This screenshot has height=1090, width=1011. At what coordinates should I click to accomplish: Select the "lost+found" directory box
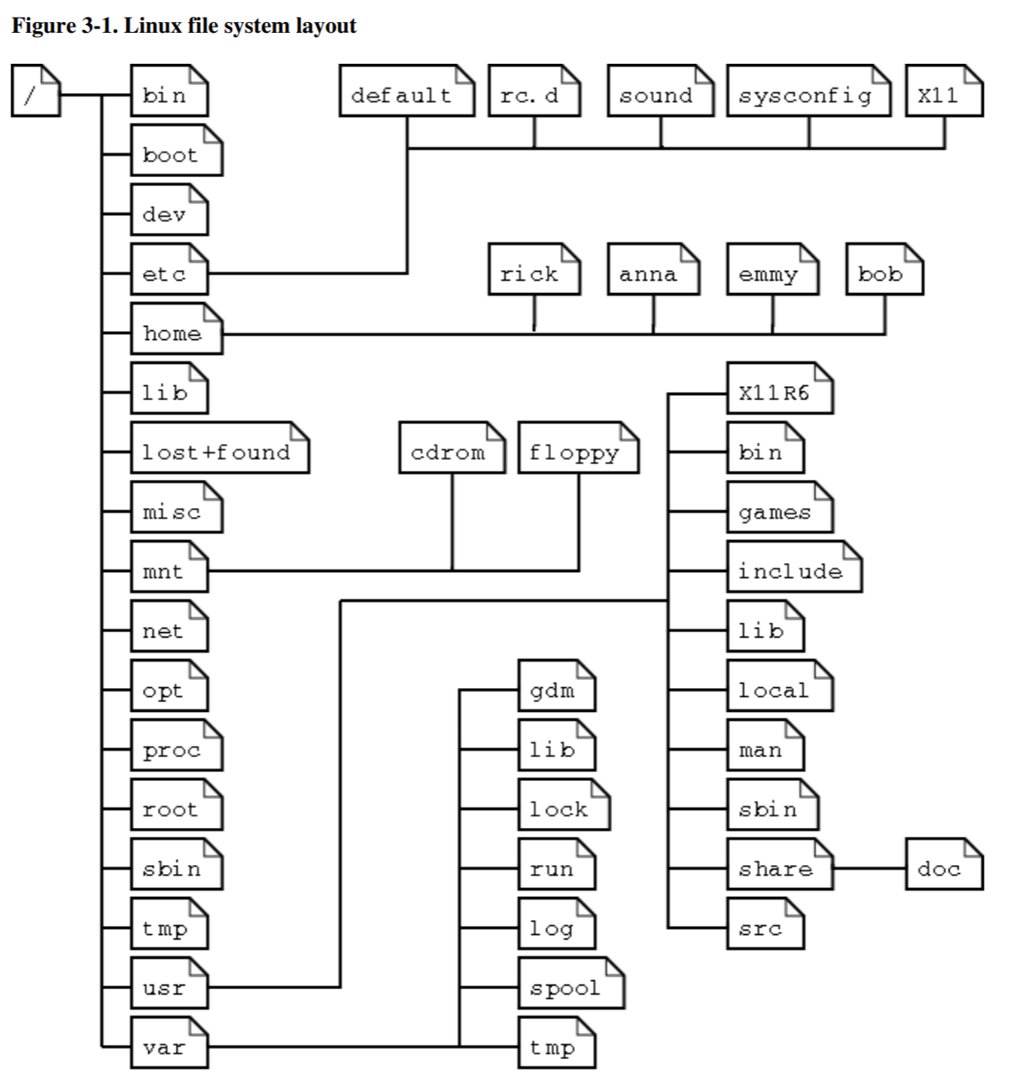pos(220,452)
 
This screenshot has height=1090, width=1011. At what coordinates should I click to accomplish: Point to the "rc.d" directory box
pos(533,95)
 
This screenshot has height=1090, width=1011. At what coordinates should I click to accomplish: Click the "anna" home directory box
pos(653,274)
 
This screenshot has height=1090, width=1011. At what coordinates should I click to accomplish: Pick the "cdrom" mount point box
pos(451,452)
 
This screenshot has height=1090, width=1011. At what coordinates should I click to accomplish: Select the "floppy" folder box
pos(578,452)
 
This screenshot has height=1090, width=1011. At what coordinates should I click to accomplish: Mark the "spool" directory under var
pos(571,987)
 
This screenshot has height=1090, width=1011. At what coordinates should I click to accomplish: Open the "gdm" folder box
pos(556,690)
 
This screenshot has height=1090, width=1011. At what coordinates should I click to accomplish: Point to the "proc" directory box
pos(175,750)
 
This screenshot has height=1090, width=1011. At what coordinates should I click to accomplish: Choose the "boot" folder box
pos(175,154)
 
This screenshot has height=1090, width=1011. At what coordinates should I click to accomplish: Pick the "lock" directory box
pos(564,809)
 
